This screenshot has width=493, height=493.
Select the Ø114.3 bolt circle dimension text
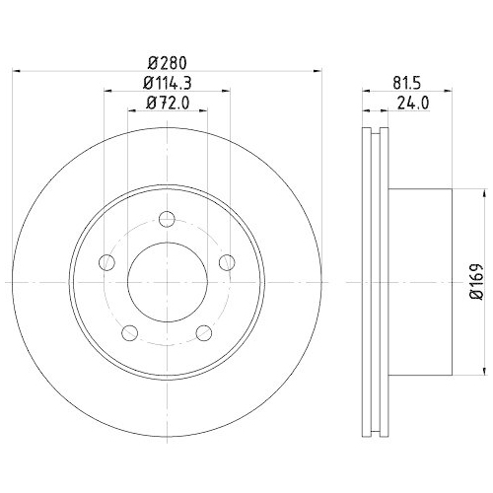(167, 83)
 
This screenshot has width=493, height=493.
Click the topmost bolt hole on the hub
(167, 218)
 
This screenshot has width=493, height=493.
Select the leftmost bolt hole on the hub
(106, 261)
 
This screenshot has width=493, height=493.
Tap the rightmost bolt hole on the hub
(227, 261)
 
